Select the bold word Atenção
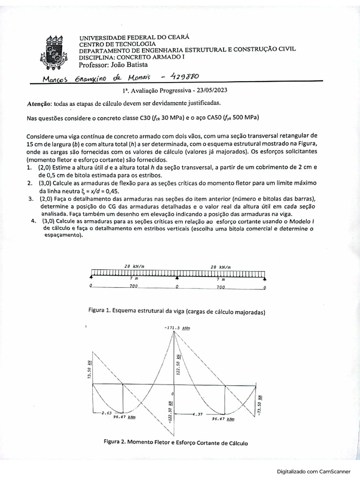(x=39, y=103)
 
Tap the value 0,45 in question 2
(x=111, y=192)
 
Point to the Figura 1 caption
(x=177, y=311)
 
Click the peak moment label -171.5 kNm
(x=177, y=328)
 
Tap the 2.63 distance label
(x=106, y=413)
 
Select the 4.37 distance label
(x=198, y=414)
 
